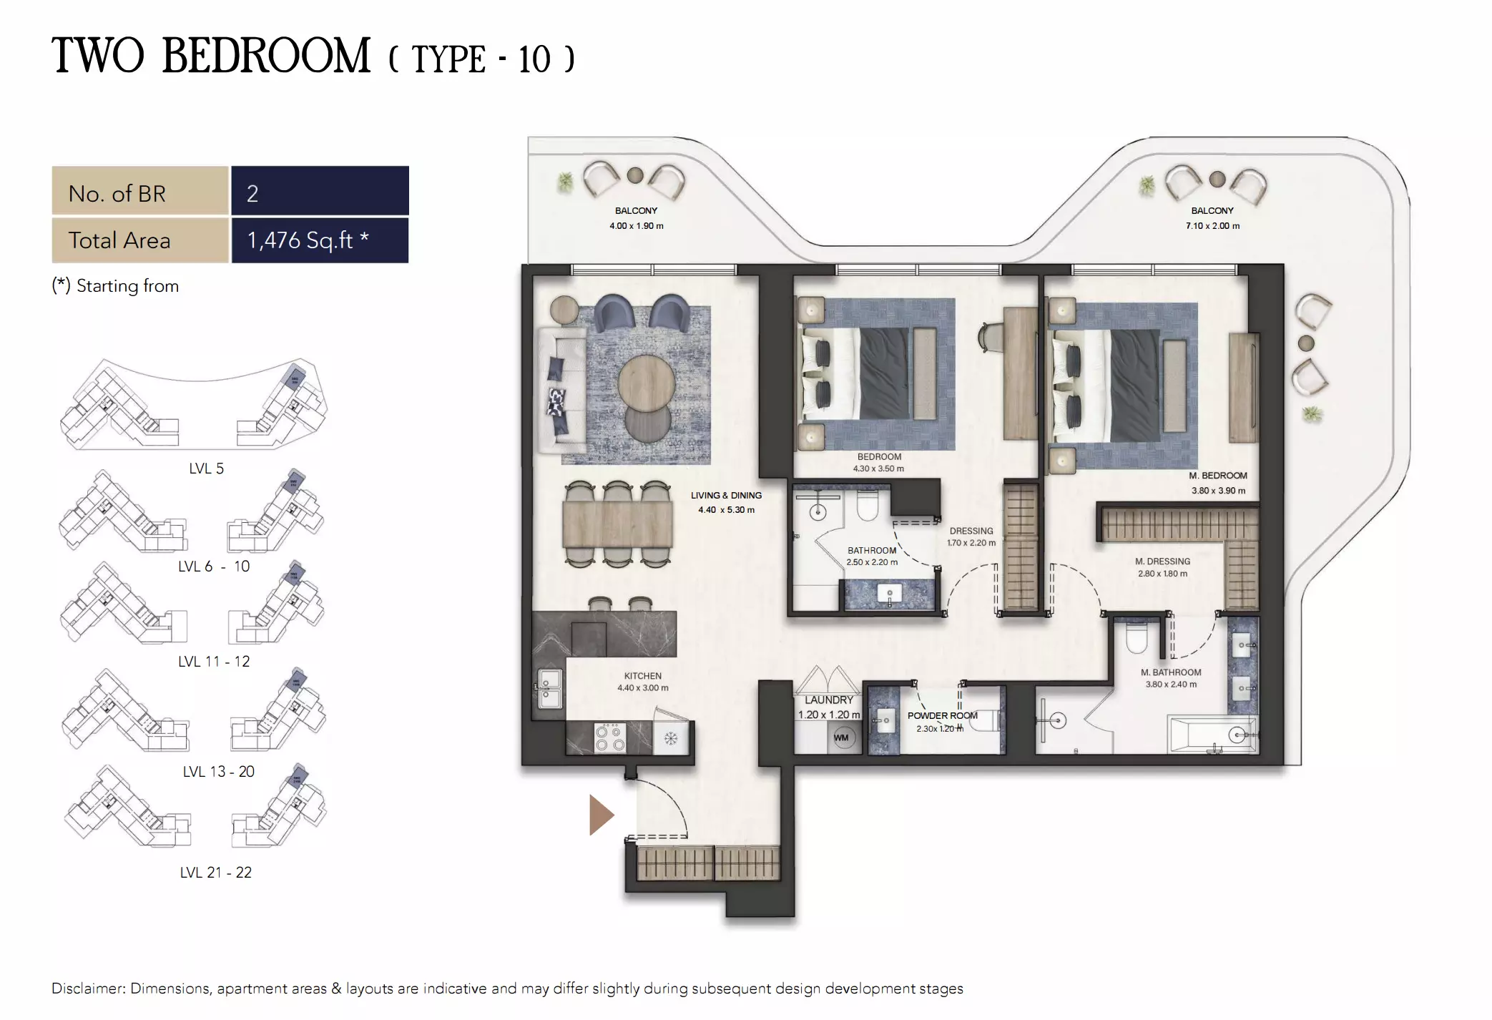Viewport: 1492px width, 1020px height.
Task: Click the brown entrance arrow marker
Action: tap(600, 815)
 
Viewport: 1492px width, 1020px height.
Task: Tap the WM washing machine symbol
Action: tap(842, 737)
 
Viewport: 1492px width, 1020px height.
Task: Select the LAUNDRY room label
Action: tap(828, 700)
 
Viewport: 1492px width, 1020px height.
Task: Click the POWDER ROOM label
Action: tap(942, 715)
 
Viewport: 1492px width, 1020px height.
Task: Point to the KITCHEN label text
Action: tap(642, 676)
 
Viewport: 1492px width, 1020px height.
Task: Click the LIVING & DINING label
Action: tap(726, 495)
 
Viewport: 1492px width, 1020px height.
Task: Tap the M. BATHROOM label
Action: tap(1171, 672)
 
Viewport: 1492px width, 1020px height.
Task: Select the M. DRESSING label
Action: tap(1162, 562)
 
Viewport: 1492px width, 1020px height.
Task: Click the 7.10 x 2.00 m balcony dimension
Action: tap(1212, 226)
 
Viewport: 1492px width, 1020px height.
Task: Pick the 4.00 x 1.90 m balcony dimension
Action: tap(636, 226)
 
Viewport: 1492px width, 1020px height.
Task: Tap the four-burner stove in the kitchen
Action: tap(610, 738)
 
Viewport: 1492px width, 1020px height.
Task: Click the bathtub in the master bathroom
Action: tap(1212, 735)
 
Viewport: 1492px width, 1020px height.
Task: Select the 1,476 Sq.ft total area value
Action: tap(308, 240)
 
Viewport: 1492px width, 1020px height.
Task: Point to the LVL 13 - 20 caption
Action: tap(218, 772)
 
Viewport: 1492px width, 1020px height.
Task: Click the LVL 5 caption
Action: tap(206, 469)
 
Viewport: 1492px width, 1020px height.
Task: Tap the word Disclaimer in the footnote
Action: tap(87, 989)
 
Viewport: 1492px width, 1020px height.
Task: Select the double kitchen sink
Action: tap(549, 687)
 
